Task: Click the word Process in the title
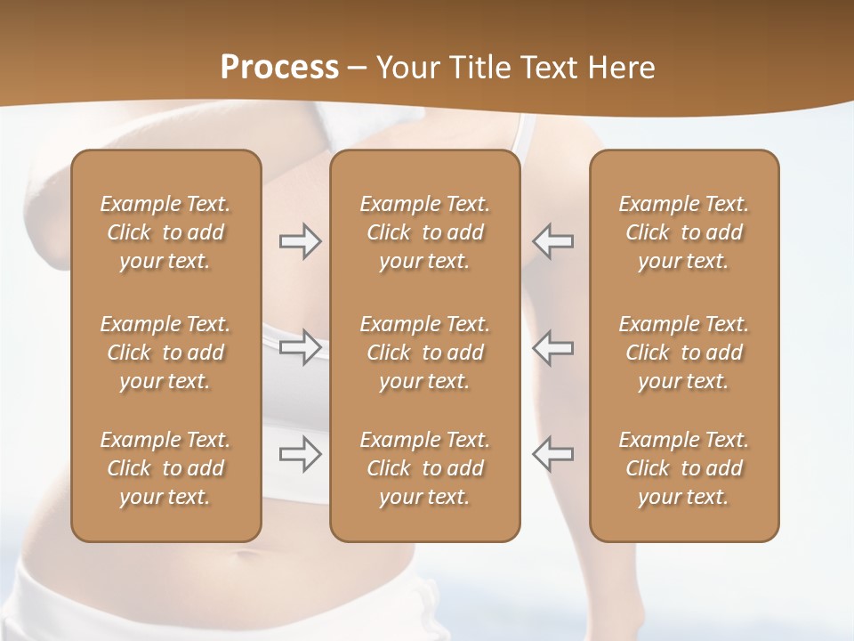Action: click(279, 68)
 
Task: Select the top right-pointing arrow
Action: click(301, 241)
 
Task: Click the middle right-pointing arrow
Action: click(301, 347)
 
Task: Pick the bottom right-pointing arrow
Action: click(301, 454)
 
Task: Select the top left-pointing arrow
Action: click(552, 241)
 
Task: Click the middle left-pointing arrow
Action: click(552, 347)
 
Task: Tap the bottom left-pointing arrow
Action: click(552, 454)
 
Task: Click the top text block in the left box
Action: click(165, 232)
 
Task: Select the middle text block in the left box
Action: click(165, 353)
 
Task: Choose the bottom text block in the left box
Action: click(165, 468)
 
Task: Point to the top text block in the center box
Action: click(424, 232)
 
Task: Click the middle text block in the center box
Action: click(424, 353)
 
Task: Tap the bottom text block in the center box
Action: click(424, 468)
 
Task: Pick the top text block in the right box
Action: click(683, 232)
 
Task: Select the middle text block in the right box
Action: click(683, 353)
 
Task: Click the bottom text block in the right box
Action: click(683, 468)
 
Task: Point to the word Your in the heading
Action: click(407, 68)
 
